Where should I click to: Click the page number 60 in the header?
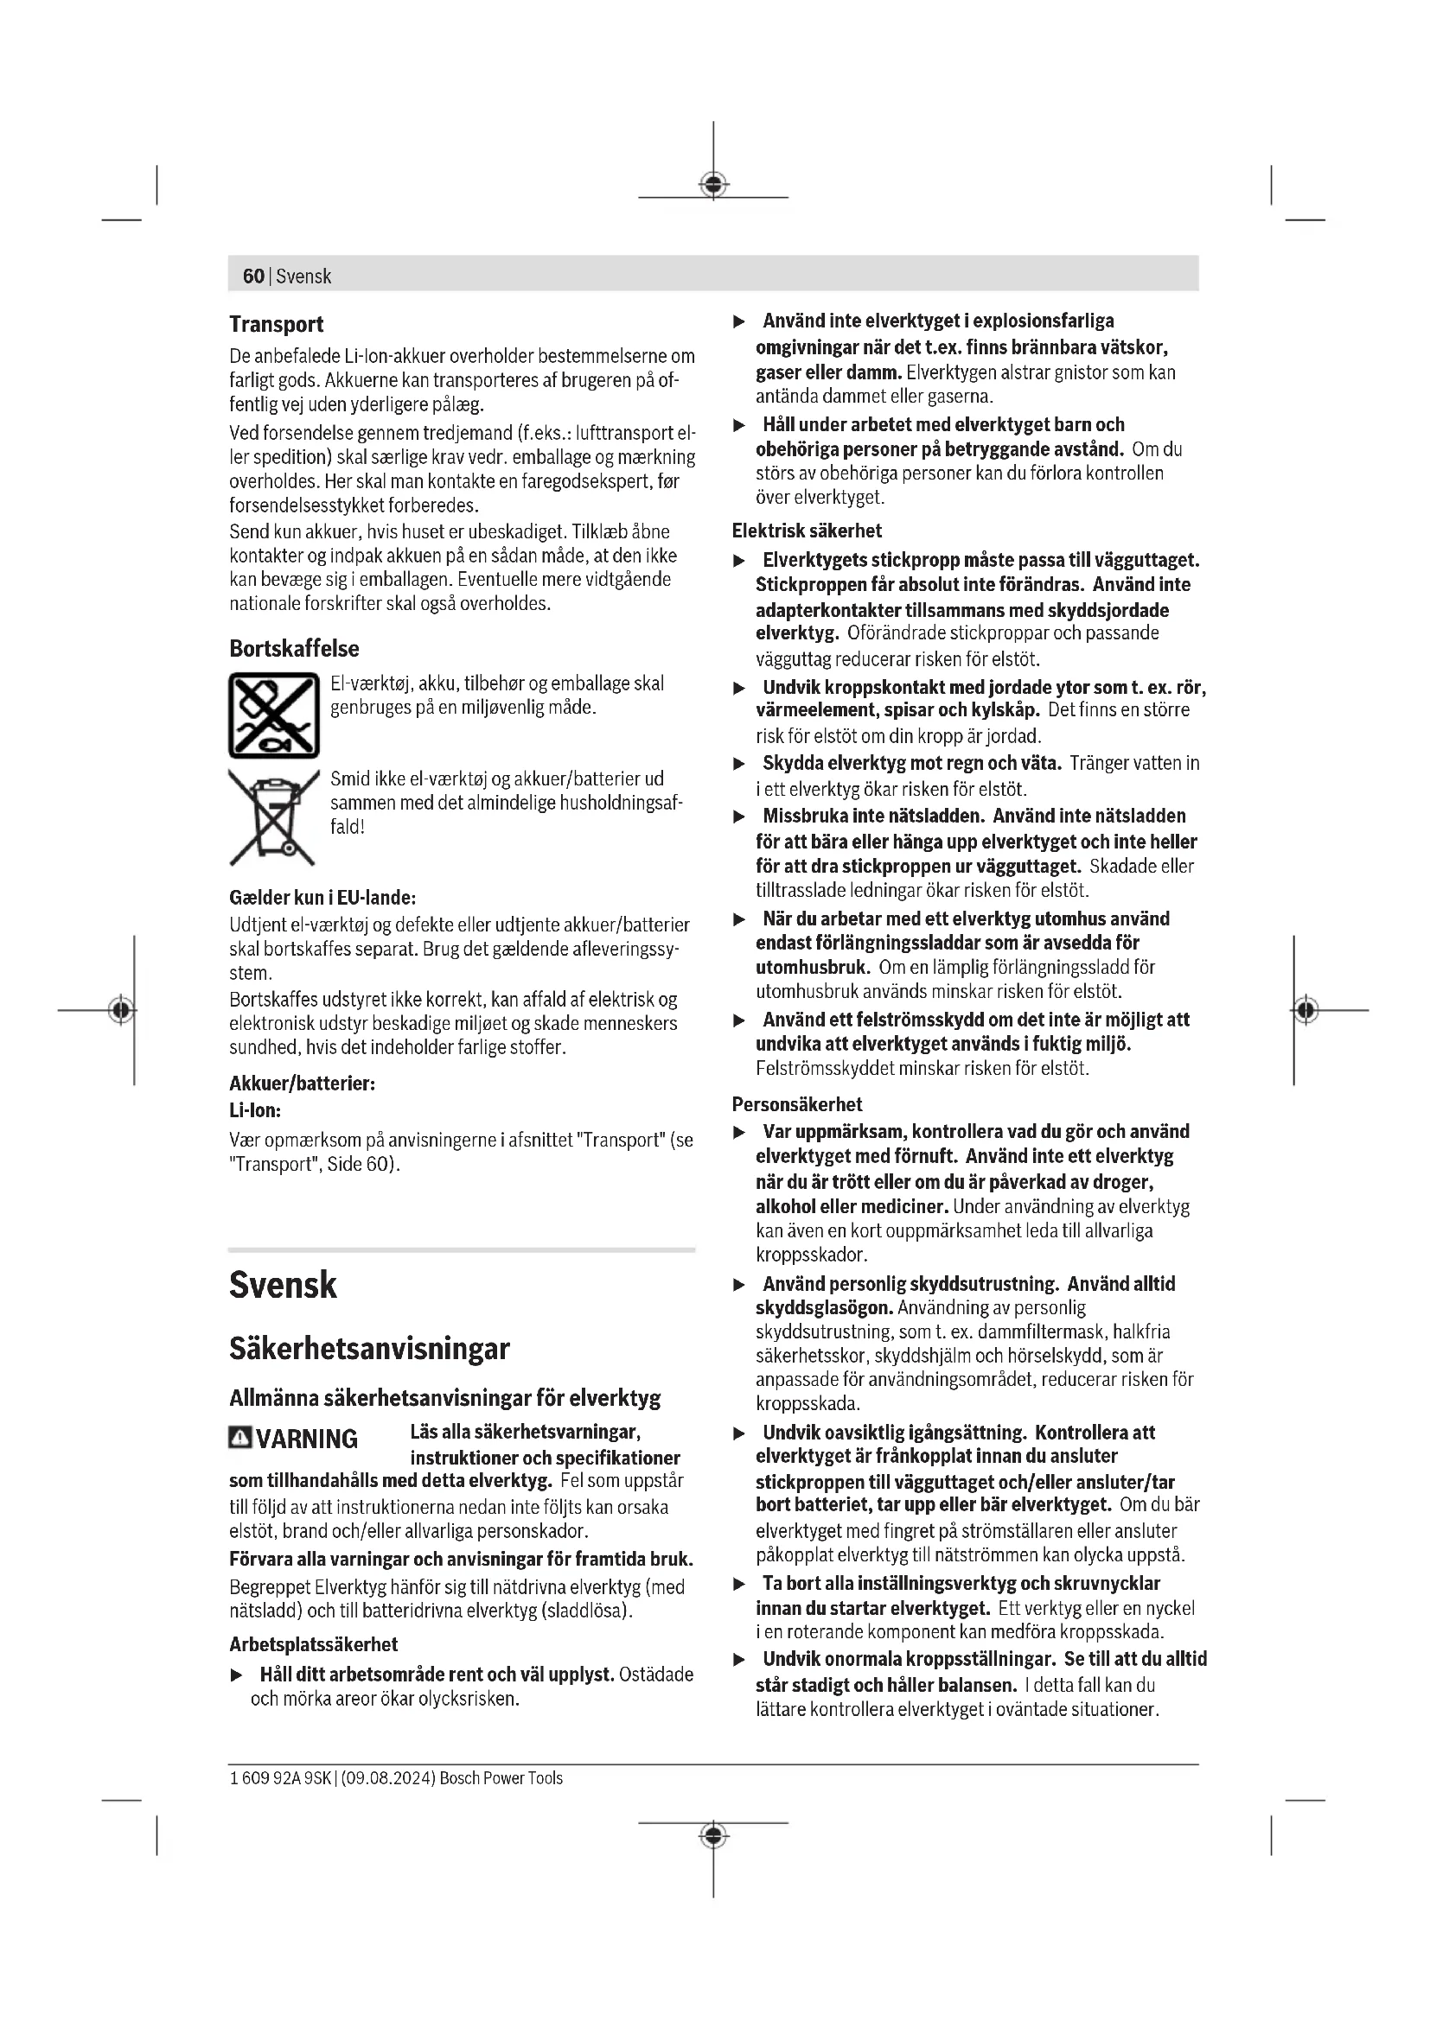tap(252, 276)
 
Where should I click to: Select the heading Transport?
tap(277, 325)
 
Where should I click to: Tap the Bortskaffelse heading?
tap(294, 649)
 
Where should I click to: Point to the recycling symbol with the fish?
tap(274, 715)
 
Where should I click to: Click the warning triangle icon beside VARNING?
tap(239, 1439)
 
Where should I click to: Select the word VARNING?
tap(307, 1439)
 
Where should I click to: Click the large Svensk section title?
tap(283, 1285)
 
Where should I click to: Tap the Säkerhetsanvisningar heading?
tap(369, 1350)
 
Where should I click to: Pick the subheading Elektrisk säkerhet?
tap(807, 531)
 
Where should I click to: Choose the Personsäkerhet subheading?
tap(797, 1103)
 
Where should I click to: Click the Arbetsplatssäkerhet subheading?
tap(313, 1644)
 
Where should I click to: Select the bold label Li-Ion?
tap(255, 1111)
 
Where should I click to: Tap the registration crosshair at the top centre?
tap(713, 185)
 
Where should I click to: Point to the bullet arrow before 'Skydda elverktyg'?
tap(740, 764)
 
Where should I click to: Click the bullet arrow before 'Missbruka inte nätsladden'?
tap(740, 817)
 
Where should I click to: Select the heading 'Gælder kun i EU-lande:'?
tap(322, 898)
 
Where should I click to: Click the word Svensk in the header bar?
tap(303, 276)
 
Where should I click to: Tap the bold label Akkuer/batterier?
tap(302, 1084)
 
